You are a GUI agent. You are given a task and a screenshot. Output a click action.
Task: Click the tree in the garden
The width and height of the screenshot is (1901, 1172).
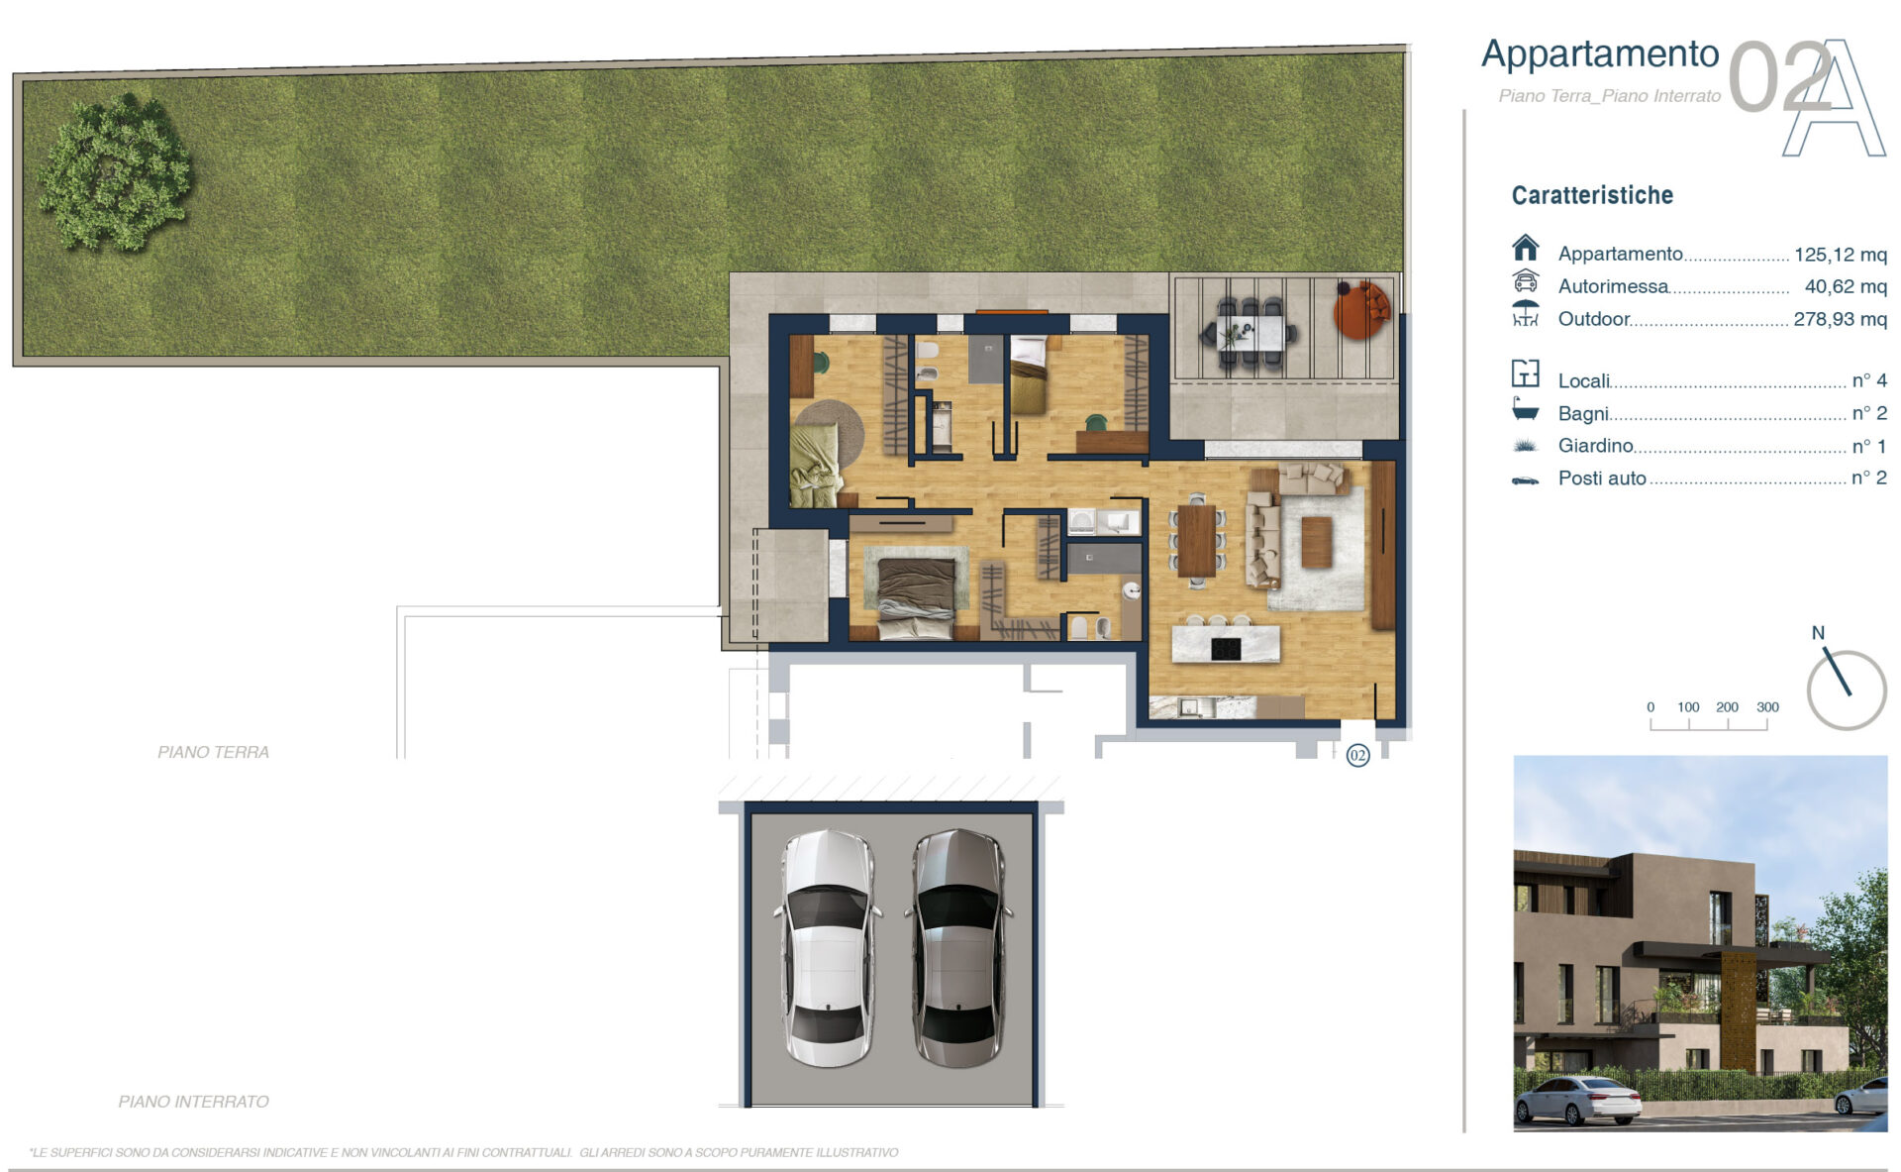coord(115,173)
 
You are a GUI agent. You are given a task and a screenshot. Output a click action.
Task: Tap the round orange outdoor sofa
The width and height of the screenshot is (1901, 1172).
coord(1362,309)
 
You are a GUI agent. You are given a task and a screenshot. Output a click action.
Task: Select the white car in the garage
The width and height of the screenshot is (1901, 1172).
coord(828,948)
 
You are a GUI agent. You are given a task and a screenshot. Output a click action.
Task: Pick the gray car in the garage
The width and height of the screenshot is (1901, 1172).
coord(957,948)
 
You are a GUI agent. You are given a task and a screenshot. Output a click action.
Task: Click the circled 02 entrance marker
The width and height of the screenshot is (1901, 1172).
coord(1357,756)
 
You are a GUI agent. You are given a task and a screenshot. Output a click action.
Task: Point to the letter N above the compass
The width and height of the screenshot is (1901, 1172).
coord(1818,633)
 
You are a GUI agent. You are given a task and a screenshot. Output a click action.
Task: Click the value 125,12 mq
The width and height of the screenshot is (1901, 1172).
coord(1841,255)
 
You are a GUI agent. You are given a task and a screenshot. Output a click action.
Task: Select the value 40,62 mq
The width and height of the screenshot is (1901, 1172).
coord(1846,286)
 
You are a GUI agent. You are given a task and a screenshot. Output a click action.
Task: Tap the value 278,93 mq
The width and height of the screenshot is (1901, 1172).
coord(1841,319)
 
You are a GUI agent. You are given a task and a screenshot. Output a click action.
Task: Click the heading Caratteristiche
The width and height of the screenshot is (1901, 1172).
coord(1592,195)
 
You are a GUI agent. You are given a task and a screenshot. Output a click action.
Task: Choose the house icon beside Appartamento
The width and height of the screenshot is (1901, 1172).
coord(1526,247)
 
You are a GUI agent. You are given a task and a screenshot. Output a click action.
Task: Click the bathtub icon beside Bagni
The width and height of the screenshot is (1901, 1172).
coord(1526,408)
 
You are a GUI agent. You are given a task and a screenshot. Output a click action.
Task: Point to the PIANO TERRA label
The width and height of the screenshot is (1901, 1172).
coord(213,752)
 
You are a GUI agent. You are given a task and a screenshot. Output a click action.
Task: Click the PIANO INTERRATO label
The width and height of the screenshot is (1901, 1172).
coord(193,1102)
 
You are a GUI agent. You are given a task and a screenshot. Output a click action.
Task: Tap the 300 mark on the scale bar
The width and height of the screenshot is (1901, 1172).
coord(1767,707)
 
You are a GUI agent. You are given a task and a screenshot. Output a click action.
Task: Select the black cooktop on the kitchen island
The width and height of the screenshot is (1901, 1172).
coord(1226,649)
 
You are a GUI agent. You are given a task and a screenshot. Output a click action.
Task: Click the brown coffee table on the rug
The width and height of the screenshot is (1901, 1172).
coord(1316,542)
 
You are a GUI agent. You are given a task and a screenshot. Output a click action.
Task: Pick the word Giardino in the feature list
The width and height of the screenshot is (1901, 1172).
coord(1595,446)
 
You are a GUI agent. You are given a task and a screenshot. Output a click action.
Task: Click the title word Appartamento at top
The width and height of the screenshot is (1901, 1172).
coord(1600,53)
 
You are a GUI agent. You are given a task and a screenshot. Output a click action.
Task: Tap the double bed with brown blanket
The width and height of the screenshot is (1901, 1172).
coord(916,594)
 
